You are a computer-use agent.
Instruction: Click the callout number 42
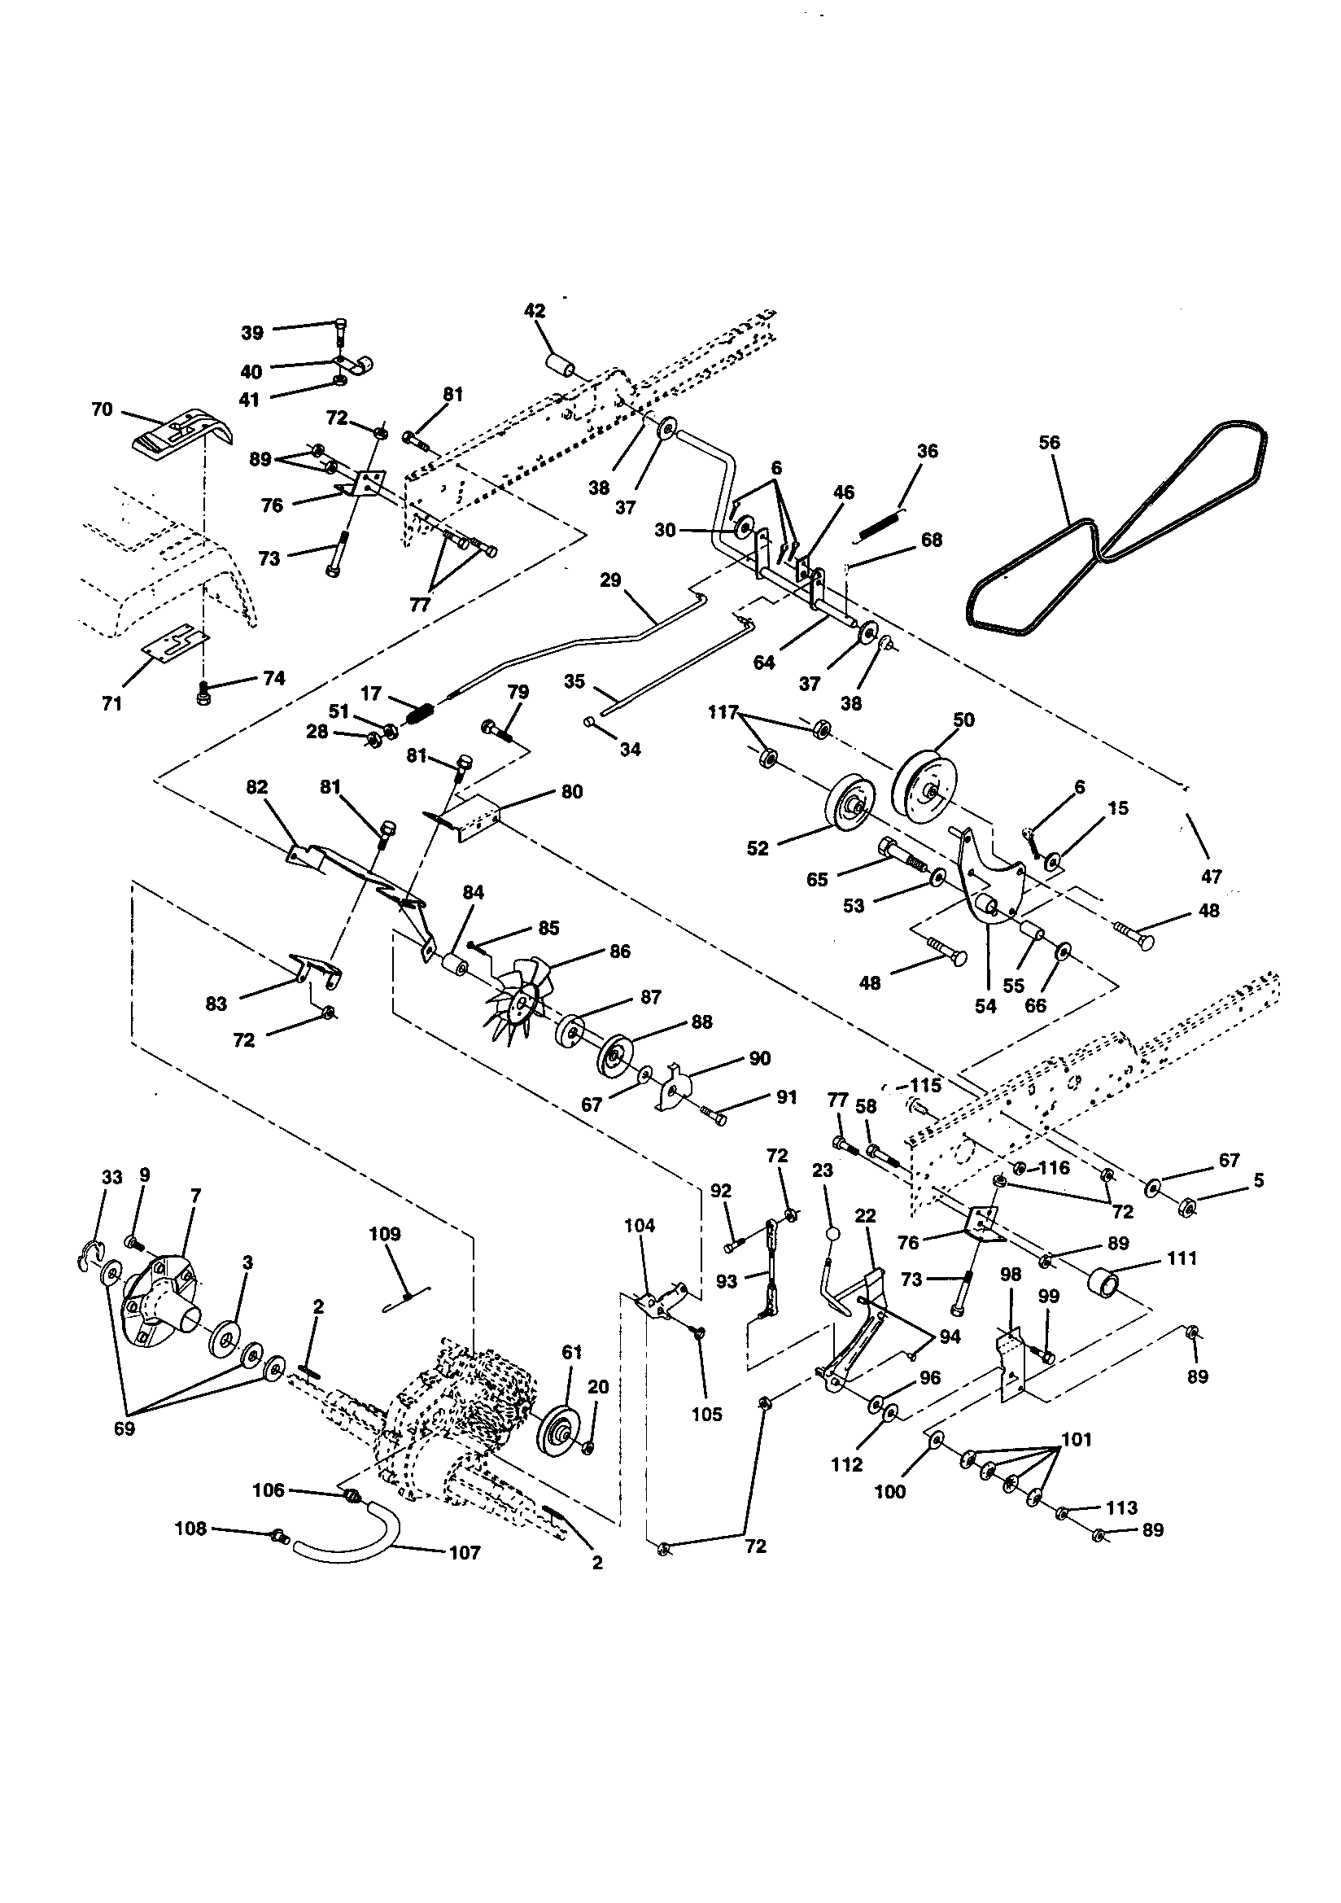(x=535, y=311)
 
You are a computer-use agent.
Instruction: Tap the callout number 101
(x=1076, y=1440)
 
